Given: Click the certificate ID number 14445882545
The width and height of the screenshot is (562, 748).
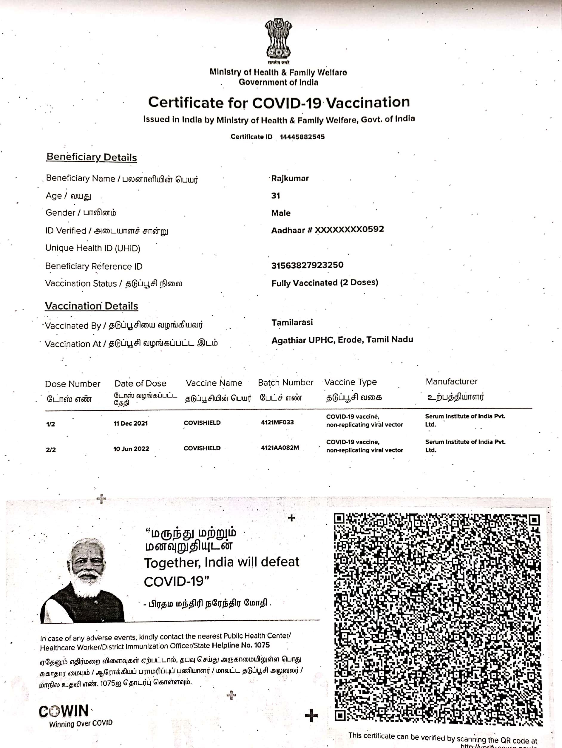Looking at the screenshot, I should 302,137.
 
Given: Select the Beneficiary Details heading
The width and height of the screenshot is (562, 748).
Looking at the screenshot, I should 92,157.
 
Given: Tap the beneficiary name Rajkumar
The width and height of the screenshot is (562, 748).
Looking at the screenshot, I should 290,178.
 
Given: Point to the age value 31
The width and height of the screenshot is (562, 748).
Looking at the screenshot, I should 276,196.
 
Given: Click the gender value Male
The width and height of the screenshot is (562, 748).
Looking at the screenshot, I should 281,213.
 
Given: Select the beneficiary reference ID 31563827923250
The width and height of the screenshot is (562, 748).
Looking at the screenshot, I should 307,265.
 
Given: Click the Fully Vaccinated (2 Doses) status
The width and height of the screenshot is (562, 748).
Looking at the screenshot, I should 325,283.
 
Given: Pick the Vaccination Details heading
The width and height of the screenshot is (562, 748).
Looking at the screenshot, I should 92,306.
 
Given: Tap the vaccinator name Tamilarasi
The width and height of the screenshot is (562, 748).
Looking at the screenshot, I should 292,323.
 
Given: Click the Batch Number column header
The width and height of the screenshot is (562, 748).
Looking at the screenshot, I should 285,382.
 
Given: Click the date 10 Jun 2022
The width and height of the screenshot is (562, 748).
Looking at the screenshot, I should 131,449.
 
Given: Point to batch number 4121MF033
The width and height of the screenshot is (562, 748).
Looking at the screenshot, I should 277,422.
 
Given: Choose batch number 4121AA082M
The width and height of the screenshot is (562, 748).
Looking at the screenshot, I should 280,448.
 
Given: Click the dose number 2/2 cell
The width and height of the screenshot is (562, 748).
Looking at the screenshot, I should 51,450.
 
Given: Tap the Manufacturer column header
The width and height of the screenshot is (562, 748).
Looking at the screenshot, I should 451,381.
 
